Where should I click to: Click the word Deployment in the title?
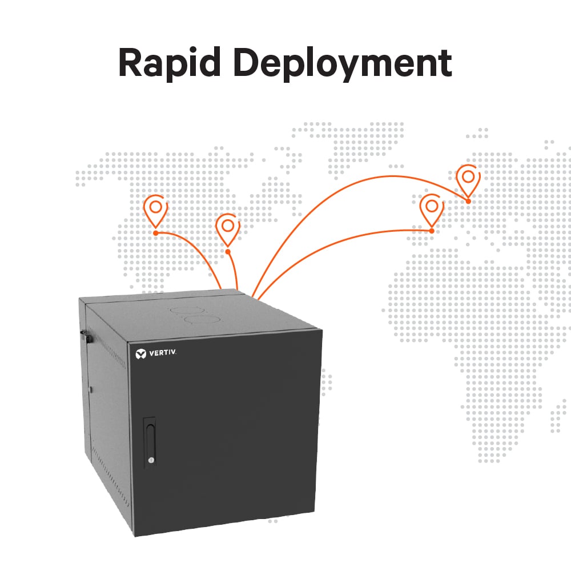(x=343, y=64)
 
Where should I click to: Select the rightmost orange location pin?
(x=468, y=179)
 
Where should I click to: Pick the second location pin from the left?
(x=228, y=228)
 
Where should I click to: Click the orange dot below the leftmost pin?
(x=155, y=233)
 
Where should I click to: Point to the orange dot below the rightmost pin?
(x=468, y=201)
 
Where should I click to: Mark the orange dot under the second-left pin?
(x=228, y=251)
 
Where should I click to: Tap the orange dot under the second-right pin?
(x=432, y=231)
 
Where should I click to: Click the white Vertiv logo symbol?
(x=140, y=354)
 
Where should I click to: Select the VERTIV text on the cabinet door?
(x=163, y=354)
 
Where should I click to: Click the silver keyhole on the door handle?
(x=150, y=460)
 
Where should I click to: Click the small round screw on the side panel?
(x=91, y=390)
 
